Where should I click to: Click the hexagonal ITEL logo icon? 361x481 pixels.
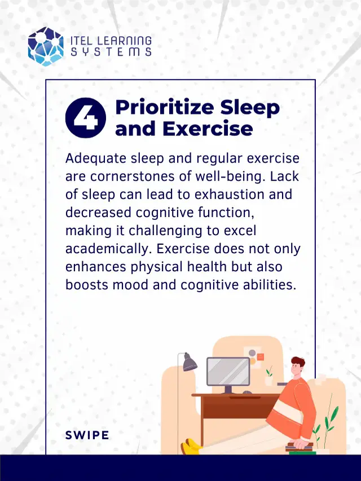click(46, 46)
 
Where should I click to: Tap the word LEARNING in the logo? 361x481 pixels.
click(126, 41)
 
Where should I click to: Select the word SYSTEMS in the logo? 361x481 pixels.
click(111, 52)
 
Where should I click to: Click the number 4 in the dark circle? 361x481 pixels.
click(86, 118)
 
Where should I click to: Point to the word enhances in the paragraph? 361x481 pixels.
click(92, 266)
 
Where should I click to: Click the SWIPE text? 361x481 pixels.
click(87, 435)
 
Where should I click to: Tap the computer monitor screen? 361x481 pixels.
click(228, 371)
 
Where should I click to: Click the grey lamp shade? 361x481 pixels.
click(189, 361)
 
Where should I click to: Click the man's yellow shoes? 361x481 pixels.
click(192, 447)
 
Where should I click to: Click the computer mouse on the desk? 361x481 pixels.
click(248, 391)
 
